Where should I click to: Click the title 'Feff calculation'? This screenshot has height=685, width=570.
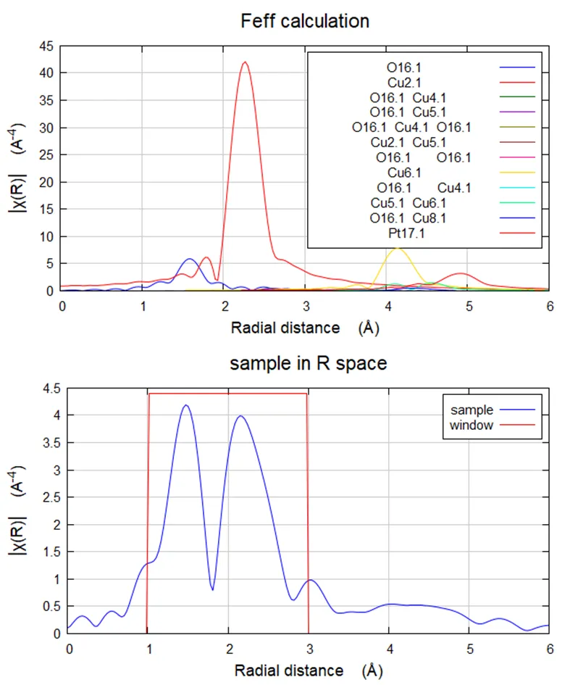[305, 21]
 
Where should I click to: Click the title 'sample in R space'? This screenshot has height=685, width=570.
[308, 363]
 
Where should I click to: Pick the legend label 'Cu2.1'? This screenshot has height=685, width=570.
[405, 83]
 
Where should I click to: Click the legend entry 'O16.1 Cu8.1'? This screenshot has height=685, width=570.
[411, 217]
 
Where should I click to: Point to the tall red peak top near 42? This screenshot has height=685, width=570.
[245, 62]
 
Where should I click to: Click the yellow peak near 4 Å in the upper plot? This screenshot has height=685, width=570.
[396, 248]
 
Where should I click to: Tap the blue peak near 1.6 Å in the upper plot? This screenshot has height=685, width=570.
[190, 259]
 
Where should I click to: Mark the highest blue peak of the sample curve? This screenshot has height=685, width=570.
[186, 405]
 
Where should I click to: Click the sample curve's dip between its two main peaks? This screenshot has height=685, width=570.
[212, 589]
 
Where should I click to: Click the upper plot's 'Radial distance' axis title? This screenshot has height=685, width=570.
[285, 328]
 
